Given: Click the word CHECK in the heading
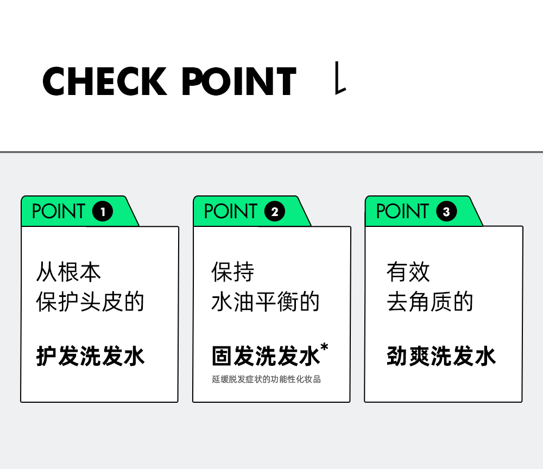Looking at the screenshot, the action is [x=104, y=82].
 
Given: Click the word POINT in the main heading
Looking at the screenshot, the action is [x=239, y=82].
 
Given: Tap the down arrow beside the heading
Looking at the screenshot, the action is [x=340, y=79].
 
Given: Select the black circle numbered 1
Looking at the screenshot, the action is [x=103, y=212].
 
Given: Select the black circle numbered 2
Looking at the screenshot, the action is [x=274, y=212].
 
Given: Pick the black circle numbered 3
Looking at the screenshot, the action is [x=446, y=212].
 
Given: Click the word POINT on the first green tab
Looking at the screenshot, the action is [x=59, y=212].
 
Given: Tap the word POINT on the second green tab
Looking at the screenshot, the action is [x=231, y=212].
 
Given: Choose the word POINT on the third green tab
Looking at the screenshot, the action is [x=402, y=212].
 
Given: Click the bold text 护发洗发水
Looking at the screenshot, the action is [x=90, y=357].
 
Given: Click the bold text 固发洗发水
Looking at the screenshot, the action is [x=265, y=357].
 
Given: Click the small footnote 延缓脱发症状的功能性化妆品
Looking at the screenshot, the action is [x=266, y=379].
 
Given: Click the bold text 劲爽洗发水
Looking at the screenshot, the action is [x=441, y=357].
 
